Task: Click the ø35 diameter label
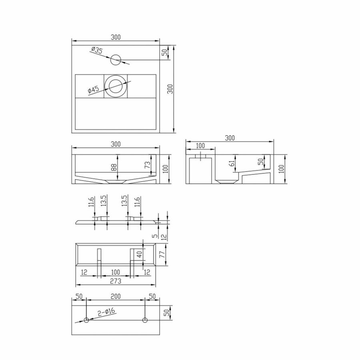[x=96, y=50]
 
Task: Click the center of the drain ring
[x=116, y=86]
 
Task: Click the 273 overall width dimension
[x=115, y=281]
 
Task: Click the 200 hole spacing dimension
[x=115, y=296]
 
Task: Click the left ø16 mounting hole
[x=86, y=320]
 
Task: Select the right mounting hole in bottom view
[x=145, y=320]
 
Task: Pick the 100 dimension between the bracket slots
[x=115, y=272]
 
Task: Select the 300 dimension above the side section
[x=229, y=138]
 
